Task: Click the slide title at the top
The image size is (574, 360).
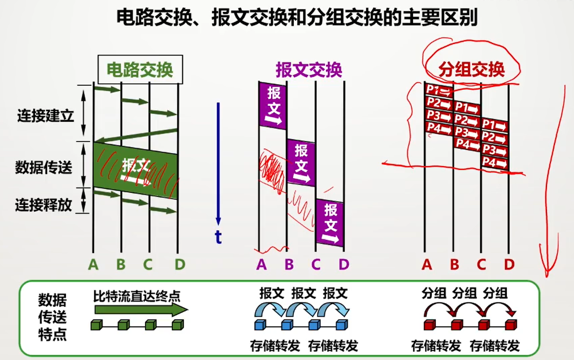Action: [297, 19]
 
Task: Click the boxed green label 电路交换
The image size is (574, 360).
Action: [140, 70]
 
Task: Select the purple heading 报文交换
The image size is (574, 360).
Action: [309, 70]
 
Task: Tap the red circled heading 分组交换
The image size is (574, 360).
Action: [472, 69]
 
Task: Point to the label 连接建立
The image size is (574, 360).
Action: [45, 116]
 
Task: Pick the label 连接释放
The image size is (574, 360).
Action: [44, 205]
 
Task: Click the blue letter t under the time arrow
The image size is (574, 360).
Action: [218, 238]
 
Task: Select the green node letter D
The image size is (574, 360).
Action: [180, 265]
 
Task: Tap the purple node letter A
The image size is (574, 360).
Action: [261, 265]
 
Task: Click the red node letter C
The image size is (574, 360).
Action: [481, 265]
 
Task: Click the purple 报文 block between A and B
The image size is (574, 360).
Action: [273, 105]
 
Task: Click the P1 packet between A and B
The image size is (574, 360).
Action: [439, 90]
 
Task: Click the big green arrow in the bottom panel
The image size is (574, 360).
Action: [141, 310]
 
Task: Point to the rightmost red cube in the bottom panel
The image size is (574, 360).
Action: [510, 325]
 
